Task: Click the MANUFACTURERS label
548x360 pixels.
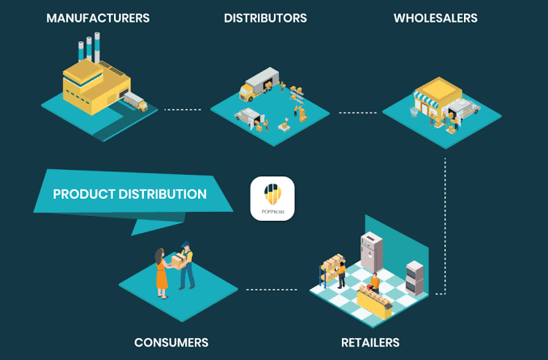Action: [x=98, y=18]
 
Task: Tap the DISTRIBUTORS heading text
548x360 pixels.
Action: [x=265, y=18]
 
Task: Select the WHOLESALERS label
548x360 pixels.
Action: [x=436, y=18]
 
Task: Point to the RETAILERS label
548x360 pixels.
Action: [x=370, y=342]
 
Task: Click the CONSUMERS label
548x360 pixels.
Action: [x=171, y=342]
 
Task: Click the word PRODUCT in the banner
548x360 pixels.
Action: [x=84, y=194]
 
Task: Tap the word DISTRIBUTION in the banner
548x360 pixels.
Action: [x=162, y=194]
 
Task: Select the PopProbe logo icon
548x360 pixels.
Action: [x=272, y=198]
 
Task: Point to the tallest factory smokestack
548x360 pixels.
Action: [x=97, y=47]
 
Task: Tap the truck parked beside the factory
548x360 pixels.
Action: [x=136, y=101]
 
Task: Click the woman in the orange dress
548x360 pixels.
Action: [x=162, y=273]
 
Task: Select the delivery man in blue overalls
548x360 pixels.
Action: [x=186, y=266]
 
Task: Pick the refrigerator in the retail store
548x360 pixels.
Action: [x=371, y=252]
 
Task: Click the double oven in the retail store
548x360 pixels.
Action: [x=415, y=278]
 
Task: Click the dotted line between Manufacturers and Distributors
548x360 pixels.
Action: [x=183, y=109]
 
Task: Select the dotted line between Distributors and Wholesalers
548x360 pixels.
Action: [x=357, y=112]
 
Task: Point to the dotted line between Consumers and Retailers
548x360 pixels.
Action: [x=272, y=290]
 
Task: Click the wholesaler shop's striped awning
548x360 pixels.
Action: [x=426, y=99]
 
